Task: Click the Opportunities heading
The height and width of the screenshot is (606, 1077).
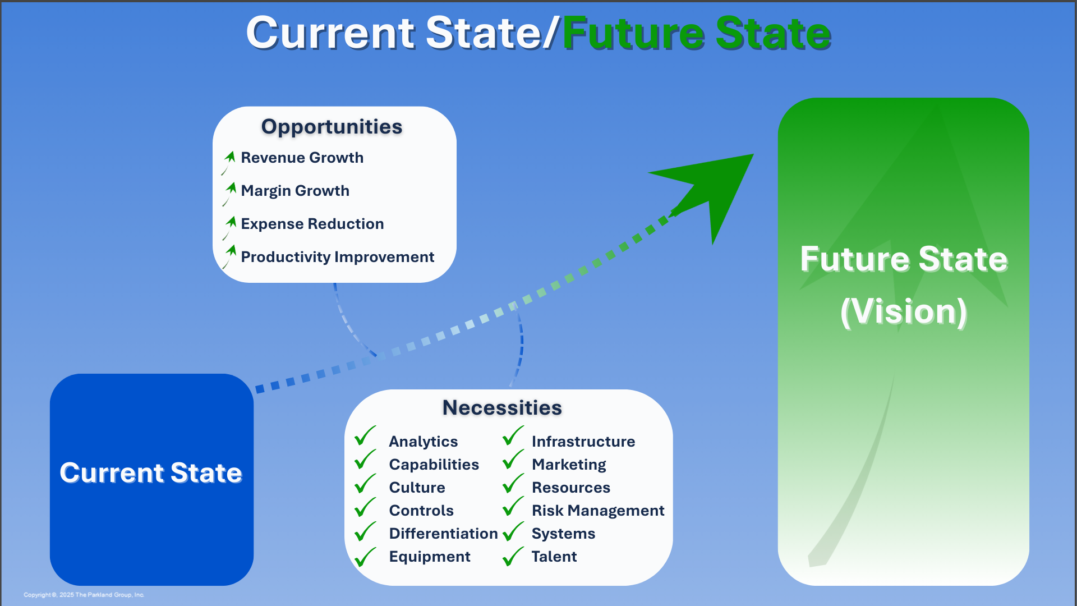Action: point(332,127)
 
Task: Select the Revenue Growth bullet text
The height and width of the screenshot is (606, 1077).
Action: point(302,158)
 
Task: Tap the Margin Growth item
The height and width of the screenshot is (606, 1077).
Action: point(295,191)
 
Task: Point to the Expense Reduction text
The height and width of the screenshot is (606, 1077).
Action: point(312,224)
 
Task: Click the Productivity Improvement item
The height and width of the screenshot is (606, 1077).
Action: point(337,257)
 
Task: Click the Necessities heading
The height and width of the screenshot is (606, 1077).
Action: point(502,408)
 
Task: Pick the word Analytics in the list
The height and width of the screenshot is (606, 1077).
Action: point(423,442)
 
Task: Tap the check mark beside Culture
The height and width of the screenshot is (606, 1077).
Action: point(365,484)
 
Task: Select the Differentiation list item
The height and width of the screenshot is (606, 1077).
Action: point(443,534)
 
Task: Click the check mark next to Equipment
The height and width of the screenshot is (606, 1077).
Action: point(365,557)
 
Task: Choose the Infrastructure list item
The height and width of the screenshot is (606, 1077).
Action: point(583,442)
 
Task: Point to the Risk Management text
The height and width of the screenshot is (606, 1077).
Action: point(597,511)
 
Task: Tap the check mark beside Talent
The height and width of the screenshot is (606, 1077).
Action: point(513,557)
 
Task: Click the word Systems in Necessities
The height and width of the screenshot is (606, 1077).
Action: point(563,534)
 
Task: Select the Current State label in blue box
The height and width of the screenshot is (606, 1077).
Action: point(151,472)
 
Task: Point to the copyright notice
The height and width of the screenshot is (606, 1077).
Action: point(84,595)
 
